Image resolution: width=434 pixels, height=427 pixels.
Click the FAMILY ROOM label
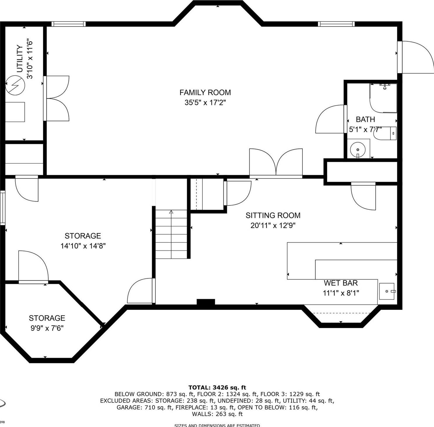(x=205, y=93)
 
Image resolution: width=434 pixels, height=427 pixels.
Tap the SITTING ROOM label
(x=273, y=216)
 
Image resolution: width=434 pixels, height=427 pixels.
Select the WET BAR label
(x=341, y=283)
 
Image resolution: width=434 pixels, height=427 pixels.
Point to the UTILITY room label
(x=20, y=58)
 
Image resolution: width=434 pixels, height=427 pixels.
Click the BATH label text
(x=365, y=119)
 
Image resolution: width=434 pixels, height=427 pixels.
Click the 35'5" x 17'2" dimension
(x=205, y=103)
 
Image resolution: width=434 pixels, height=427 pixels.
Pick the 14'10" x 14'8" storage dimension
(x=83, y=246)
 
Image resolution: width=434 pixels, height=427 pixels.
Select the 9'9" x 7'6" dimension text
(x=47, y=328)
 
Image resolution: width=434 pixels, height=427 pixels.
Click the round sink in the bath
(x=358, y=150)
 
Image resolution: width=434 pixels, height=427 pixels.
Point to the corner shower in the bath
(x=383, y=98)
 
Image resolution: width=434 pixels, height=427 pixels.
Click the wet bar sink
(x=387, y=291)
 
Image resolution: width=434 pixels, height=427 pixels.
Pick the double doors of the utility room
(x=57, y=98)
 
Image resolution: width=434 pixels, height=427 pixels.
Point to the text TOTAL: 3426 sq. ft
(x=217, y=388)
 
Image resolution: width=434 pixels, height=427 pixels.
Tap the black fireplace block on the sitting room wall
(x=206, y=302)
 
